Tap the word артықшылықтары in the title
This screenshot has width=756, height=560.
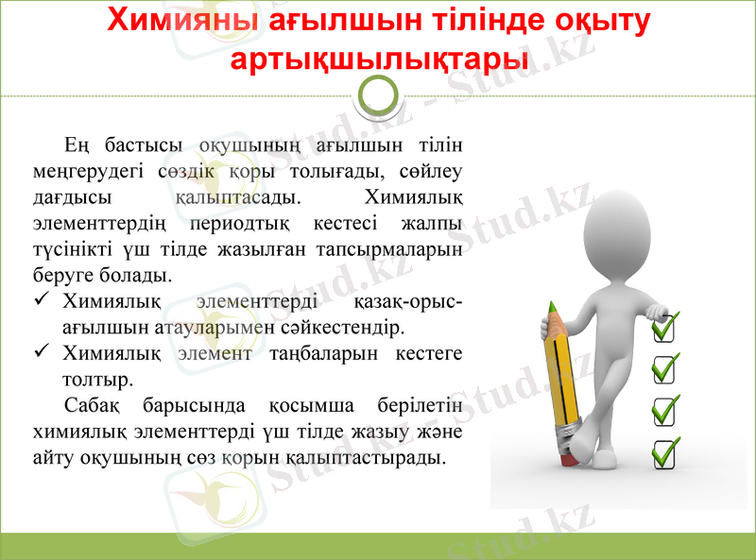coord(379,59)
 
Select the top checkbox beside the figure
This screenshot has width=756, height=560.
coord(665,328)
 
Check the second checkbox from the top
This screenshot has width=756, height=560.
coord(665,368)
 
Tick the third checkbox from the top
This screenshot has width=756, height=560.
coord(665,410)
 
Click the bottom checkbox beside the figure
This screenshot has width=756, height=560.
coord(665,452)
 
